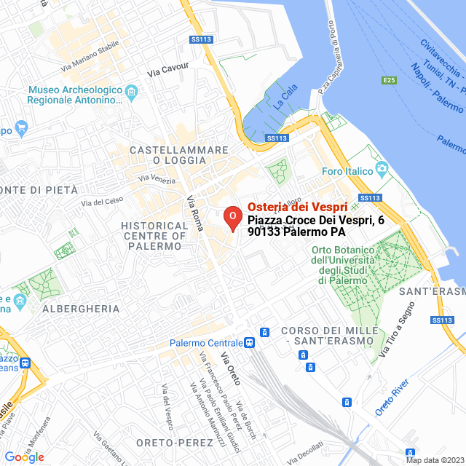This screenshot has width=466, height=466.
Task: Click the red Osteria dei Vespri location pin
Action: [x=232, y=218]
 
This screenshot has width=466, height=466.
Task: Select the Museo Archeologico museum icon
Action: [x=131, y=91]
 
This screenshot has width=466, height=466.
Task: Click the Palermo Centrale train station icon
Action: [x=250, y=342]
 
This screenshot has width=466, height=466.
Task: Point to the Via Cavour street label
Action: [x=167, y=71]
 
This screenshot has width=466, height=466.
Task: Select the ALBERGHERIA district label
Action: [x=81, y=309]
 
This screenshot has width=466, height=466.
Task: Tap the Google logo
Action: [x=23, y=457]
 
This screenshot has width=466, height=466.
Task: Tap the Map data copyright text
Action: [x=434, y=460]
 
